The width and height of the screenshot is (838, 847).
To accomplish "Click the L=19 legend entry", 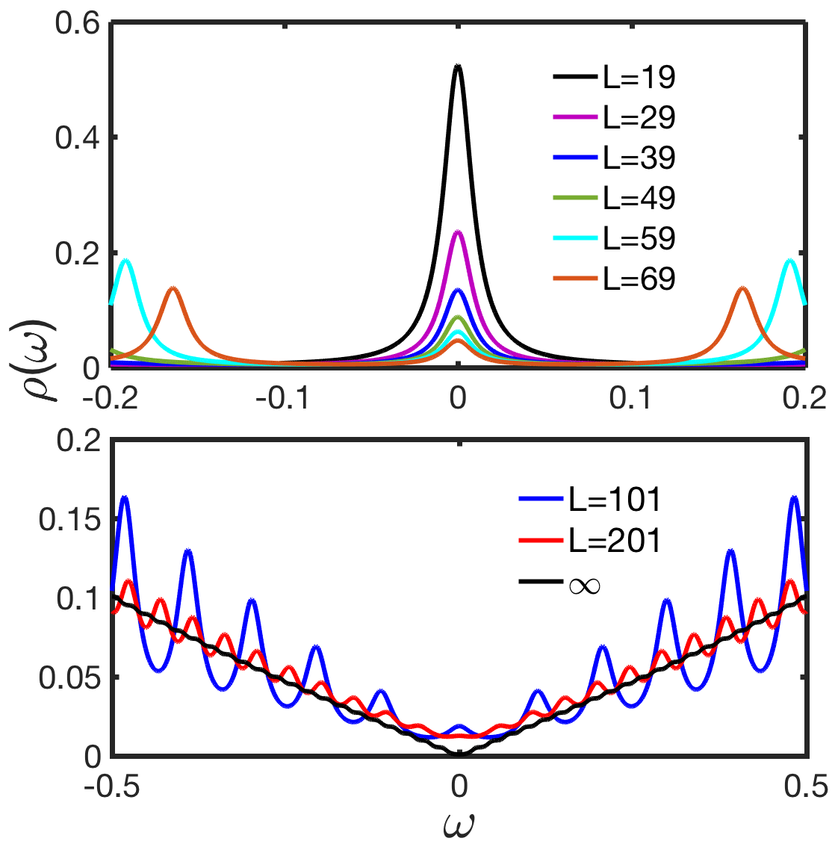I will pos(639,77).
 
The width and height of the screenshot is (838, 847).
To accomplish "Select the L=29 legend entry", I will pos(639,117).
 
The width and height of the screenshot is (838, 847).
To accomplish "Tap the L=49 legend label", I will pos(639,198).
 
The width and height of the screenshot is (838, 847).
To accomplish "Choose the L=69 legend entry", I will pos(639,279).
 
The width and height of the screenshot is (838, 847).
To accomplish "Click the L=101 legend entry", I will pos(614,500).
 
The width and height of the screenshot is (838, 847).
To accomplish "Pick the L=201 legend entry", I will pos(614,540).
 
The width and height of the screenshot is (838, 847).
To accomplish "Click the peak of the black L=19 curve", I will pos(458,66).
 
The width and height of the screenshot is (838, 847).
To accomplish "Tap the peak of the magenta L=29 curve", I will pos(458,232).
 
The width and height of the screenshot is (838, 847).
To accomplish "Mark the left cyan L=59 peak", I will pos(126,260).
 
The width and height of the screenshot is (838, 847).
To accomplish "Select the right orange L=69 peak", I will pos(742,288).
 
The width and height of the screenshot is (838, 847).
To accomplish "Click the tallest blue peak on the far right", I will pos(794,497).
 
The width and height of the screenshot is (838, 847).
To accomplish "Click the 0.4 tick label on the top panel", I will pos(78,138).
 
